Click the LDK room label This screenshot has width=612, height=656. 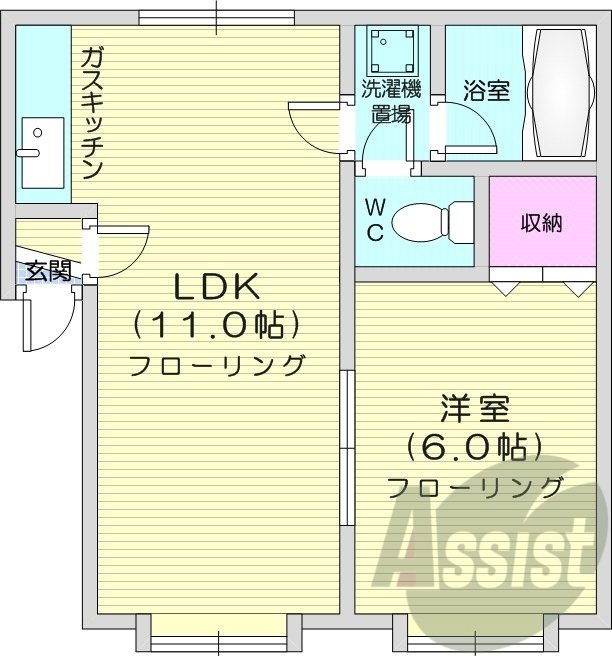[218, 287]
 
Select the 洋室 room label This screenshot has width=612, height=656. [475, 409]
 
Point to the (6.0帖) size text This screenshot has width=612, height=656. [474, 446]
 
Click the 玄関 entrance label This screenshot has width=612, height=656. [48, 270]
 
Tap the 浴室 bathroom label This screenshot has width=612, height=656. [486, 91]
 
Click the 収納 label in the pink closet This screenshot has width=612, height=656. [541, 222]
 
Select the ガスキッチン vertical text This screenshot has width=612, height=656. [92, 113]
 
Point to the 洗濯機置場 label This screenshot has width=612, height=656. [391, 101]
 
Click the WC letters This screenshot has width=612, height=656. [374, 221]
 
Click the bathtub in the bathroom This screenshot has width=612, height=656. [560, 92]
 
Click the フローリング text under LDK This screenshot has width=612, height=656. [217, 364]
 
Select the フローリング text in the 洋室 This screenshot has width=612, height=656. [475, 487]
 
